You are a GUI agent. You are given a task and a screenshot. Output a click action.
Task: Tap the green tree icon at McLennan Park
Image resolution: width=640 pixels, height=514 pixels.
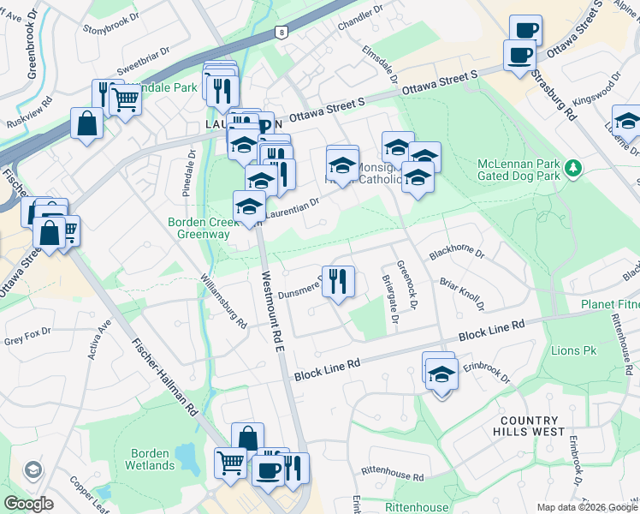tap(574, 167)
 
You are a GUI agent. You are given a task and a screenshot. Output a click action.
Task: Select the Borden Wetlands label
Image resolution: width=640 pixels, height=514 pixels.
tap(152, 459)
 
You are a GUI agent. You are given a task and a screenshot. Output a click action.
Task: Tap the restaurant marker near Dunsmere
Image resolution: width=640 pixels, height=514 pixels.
tap(338, 281)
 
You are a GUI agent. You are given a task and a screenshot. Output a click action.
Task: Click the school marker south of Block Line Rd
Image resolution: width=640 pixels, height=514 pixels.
tap(441, 375)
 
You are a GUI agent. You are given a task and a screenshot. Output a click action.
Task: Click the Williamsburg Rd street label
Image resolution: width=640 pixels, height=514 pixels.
tap(224, 301)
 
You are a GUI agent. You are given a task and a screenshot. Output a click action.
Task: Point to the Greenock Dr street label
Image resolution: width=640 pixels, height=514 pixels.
tap(414, 286)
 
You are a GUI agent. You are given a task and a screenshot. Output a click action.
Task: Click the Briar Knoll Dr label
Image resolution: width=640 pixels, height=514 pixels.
tap(461, 294)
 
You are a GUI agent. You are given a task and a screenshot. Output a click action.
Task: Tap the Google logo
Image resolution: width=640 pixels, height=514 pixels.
tap(29, 504)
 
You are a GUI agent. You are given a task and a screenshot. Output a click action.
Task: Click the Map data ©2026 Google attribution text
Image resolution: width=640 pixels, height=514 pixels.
tap(586, 507)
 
